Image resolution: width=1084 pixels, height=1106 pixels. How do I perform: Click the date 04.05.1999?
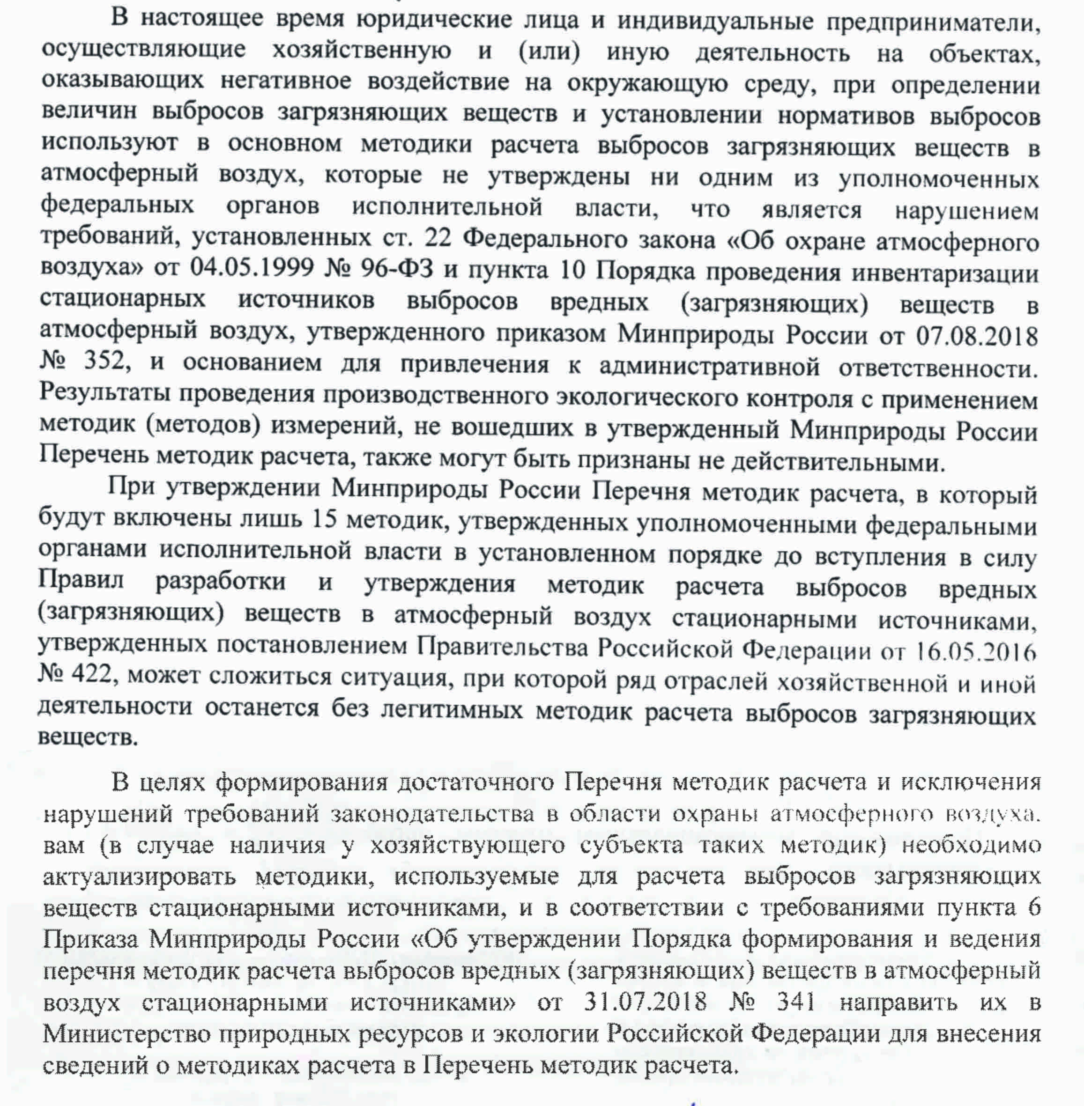click(x=252, y=267)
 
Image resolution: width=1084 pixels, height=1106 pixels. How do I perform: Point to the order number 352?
click(x=104, y=361)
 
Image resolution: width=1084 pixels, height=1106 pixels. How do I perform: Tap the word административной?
click(x=709, y=368)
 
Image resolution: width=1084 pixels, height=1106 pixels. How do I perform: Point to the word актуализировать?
click(x=140, y=877)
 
